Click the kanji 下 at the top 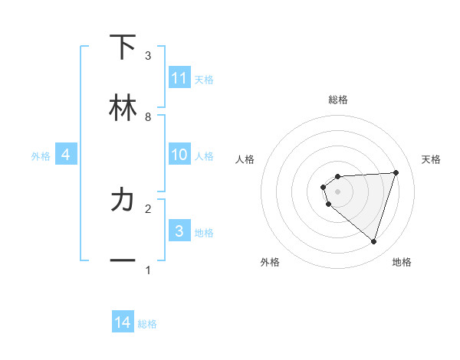tap(123, 47)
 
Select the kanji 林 tap(123, 109)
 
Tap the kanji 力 tap(123, 201)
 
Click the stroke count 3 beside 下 tap(148, 56)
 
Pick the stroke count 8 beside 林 tap(148, 117)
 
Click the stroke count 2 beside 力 tap(148, 208)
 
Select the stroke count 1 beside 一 tap(148, 270)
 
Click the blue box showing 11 tap(179, 78)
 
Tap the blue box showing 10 tap(179, 155)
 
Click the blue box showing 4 tap(66, 155)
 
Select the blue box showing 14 tap(123, 323)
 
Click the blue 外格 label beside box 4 tap(41, 156)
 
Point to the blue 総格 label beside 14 tap(147, 324)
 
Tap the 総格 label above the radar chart tap(338, 100)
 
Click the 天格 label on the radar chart tap(431, 159)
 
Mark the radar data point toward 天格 tap(396, 172)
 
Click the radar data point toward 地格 tap(374, 242)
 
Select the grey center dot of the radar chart tap(338, 191)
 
